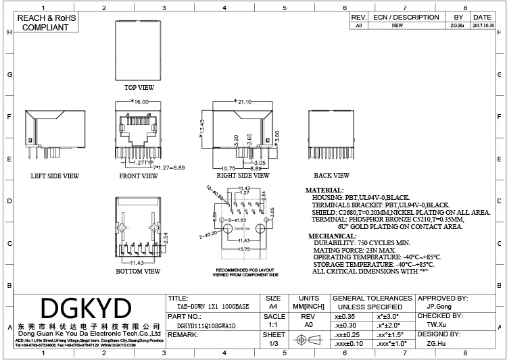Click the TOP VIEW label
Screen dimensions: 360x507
[x=139, y=88]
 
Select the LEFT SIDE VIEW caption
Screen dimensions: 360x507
[x=55, y=176]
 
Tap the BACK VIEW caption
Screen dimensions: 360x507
[x=331, y=176]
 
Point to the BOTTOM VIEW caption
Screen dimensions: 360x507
[x=139, y=271]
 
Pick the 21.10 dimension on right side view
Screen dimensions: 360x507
[x=242, y=102]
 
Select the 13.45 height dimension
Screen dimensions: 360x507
[x=202, y=128]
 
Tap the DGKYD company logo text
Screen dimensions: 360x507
[x=86, y=309]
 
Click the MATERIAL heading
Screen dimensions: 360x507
[x=324, y=190]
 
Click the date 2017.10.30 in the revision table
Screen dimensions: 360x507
[x=482, y=25]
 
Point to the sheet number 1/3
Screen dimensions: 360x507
[x=274, y=344]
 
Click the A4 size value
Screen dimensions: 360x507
[x=273, y=306]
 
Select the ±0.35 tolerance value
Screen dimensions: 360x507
[x=345, y=315]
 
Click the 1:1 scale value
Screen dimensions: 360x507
[x=274, y=325]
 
